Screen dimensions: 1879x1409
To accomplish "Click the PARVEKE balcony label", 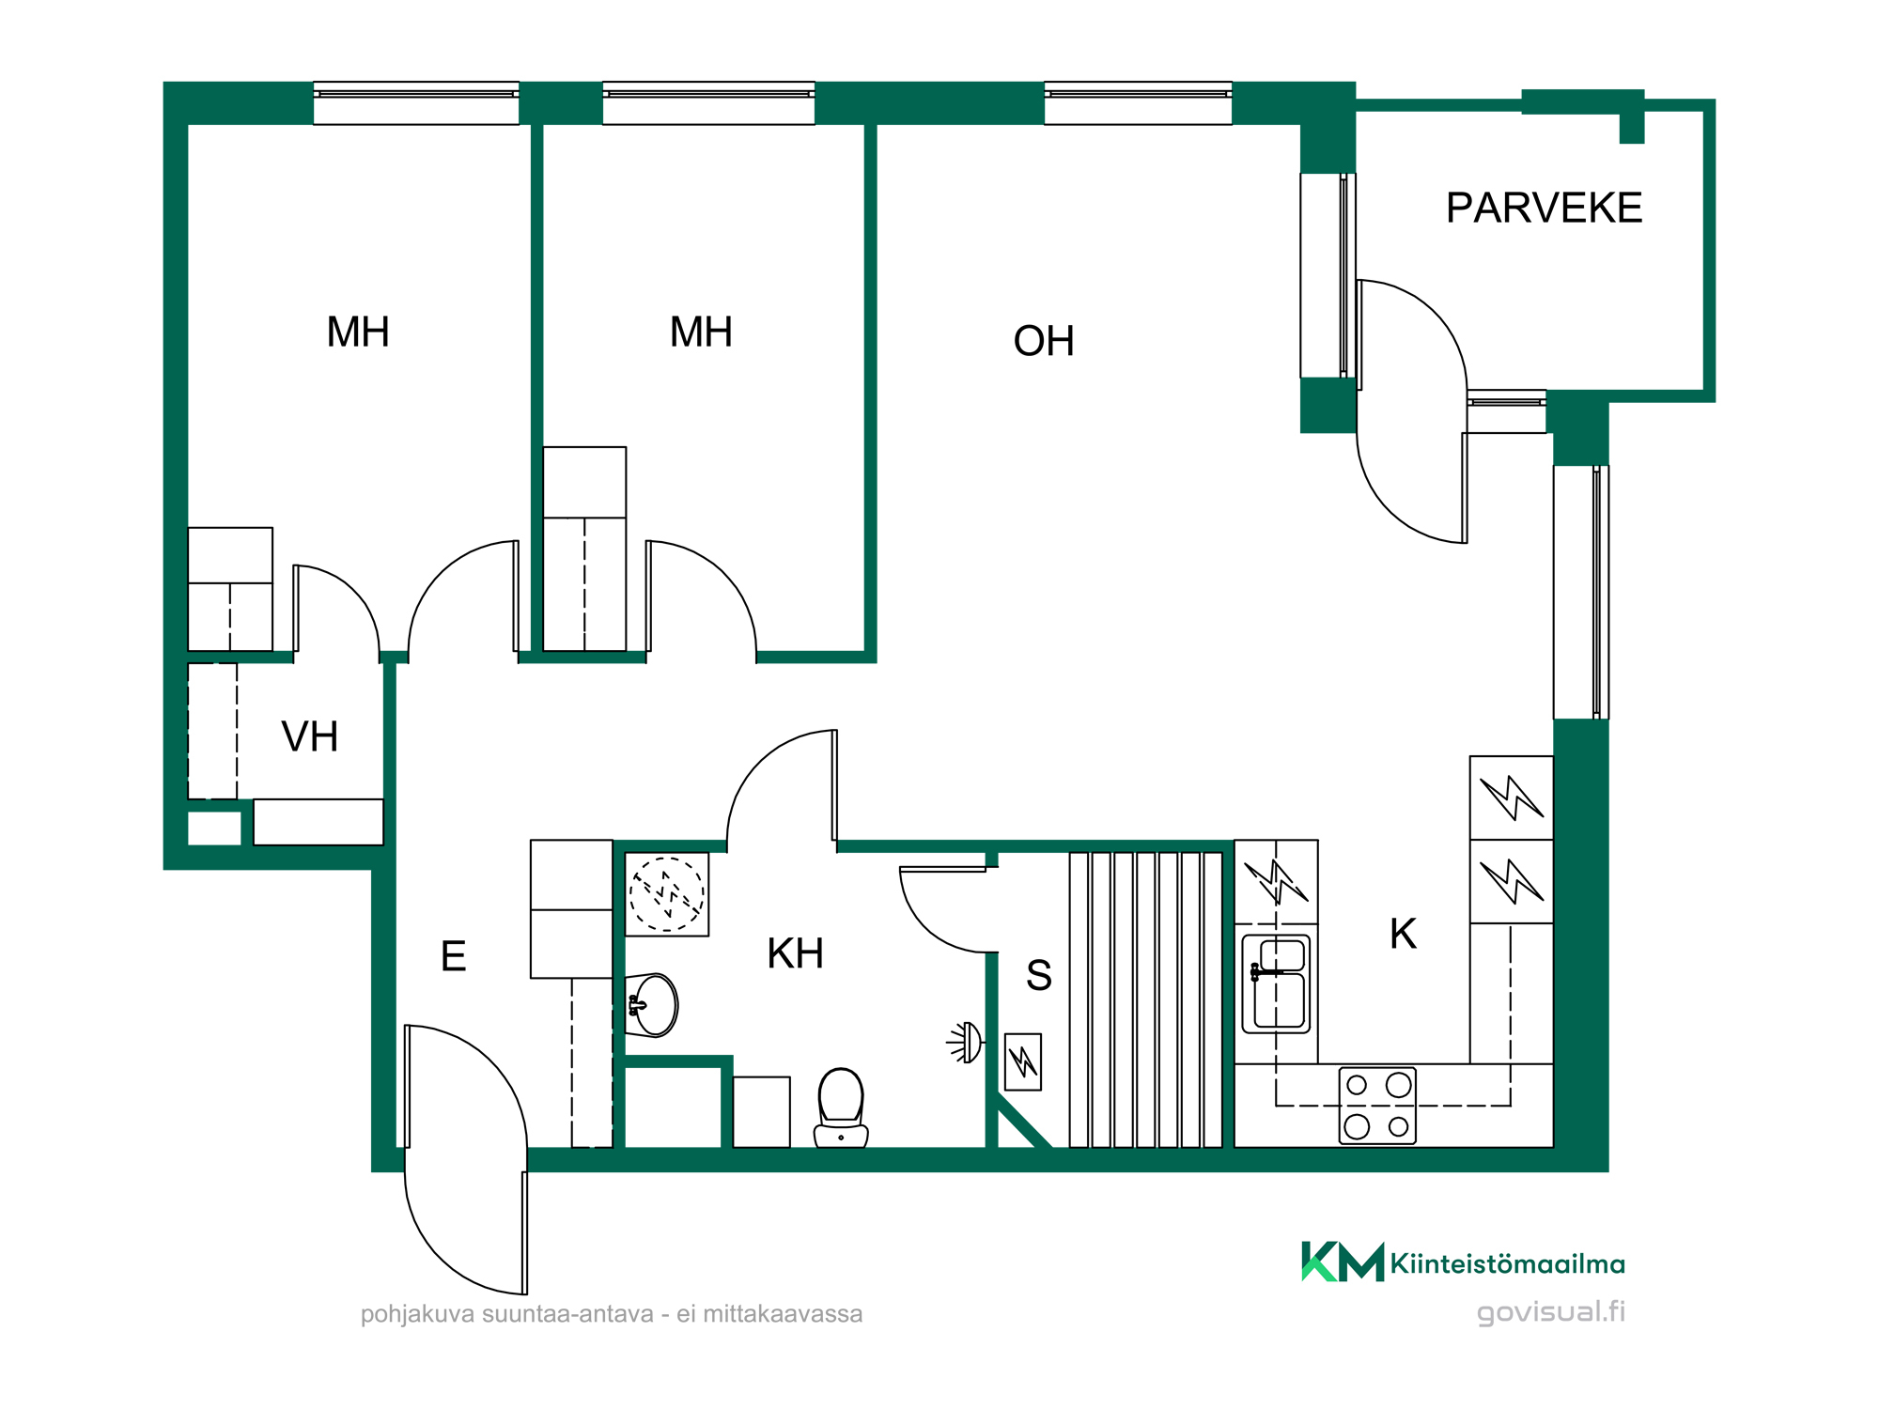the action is (x=1544, y=208).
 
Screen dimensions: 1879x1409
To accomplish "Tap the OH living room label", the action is (x=1044, y=341).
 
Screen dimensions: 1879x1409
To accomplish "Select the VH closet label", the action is (x=309, y=736).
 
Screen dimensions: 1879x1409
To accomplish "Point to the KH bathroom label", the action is (x=795, y=953).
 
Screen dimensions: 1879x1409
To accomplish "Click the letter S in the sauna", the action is (x=1038, y=975).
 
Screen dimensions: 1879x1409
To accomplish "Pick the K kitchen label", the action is (x=1403, y=934).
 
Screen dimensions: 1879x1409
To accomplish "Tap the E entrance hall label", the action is (x=453, y=956).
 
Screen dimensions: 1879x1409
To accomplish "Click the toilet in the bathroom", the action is (x=841, y=1107).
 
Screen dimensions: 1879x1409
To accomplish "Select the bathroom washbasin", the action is (x=651, y=1005).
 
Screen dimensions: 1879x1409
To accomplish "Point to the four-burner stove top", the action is (x=1377, y=1106).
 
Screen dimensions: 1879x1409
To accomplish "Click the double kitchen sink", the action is (x=1276, y=983).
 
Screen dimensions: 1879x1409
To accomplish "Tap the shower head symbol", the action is (x=966, y=1043).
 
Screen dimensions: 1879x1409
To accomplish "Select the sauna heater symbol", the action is (x=1023, y=1061).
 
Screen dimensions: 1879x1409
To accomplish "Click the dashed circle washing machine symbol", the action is (x=667, y=894).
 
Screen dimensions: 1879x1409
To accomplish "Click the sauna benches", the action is (x=1145, y=999).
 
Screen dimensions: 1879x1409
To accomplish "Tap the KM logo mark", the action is (x=1343, y=1262).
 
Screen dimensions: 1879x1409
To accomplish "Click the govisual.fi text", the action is (x=1550, y=1312).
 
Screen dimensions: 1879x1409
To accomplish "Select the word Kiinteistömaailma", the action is (x=1507, y=1263).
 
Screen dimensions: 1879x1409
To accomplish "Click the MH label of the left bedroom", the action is (x=358, y=332).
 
